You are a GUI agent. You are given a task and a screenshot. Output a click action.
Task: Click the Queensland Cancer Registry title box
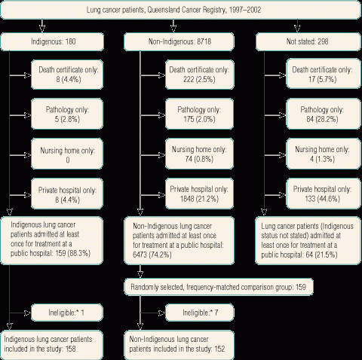(x=181, y=10)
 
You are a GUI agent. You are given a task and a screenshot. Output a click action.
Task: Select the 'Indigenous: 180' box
(x=52, y=41)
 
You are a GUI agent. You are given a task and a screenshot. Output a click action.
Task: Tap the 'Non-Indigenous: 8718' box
(x=179, y=41)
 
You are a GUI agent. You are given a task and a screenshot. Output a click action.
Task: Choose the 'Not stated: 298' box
(x=308, y=41)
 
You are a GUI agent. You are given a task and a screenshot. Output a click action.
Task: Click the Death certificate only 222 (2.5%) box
(x=200, y=75)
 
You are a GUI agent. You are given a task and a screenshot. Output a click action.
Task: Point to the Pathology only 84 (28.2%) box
(x=324, y=114)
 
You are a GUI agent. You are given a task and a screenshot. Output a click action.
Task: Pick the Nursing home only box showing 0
(x=67, y=154)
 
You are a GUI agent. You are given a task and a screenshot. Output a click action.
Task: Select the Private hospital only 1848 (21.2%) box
(x=199, y=194)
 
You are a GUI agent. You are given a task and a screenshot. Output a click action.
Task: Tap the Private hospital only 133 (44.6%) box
(x=324, y=194)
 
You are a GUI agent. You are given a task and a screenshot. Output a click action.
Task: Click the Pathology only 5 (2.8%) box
(x=67, y=114)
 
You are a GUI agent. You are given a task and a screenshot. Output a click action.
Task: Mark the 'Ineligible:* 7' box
(x=200, y=313)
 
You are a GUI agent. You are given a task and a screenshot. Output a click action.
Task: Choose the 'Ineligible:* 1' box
(x=67, y=313)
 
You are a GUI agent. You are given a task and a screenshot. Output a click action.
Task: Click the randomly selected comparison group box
(x=219, y=287)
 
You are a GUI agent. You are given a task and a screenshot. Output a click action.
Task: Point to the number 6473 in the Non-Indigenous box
(x=140, y=255)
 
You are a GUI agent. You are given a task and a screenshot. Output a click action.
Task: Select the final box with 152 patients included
(x=179, y=345)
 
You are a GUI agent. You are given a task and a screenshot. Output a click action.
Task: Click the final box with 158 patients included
(x=52, y=345)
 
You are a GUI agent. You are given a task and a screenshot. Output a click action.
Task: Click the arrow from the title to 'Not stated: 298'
(x=297, y=26)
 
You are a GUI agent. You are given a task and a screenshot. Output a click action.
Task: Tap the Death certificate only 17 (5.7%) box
(x=324, y=74)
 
